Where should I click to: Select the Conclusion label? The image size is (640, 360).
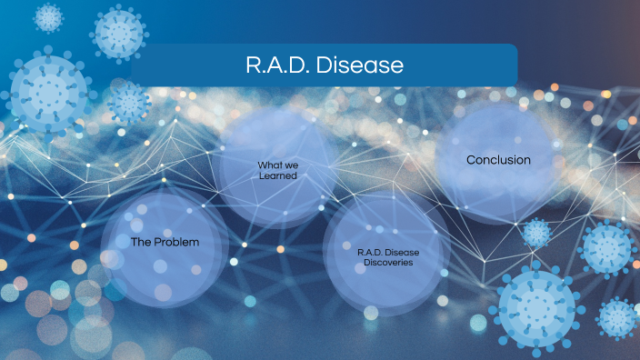[x=498, y=160]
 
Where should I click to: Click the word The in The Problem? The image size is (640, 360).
[x=141, y=243]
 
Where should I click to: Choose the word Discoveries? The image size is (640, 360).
[x=386, y=262]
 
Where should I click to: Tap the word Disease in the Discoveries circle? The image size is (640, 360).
[x=401, y=252]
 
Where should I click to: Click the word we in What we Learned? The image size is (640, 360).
[x=291, y=165]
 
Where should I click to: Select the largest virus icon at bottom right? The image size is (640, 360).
[x=537, y=306]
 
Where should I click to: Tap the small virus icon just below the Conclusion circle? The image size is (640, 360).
[x=536, y=233]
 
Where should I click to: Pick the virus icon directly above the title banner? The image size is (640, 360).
[x=118, y=31]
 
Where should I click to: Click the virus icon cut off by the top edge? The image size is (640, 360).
[x=48, y=15]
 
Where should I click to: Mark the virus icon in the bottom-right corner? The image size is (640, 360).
[x=617, y=318]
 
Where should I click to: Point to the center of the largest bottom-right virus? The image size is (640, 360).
[x=537, y=306]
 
